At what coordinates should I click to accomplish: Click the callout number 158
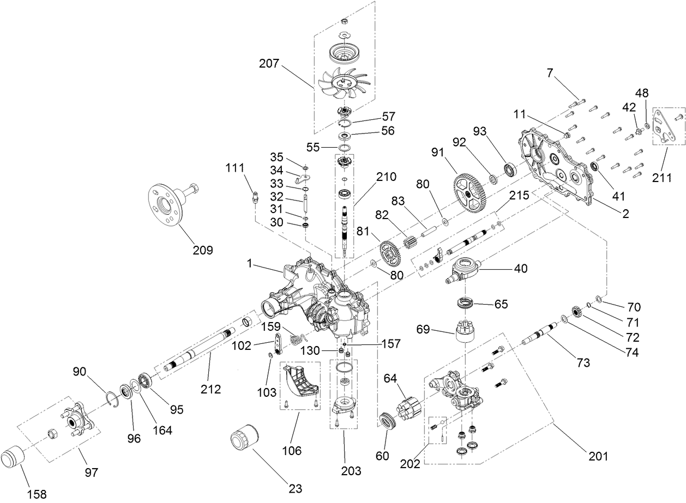(x=36, y=494)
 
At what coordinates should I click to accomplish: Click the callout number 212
(x=210, y=389)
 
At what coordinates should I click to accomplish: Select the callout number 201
(x=598, y=455)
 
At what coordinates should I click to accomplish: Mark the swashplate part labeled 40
(x=464, y=270)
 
